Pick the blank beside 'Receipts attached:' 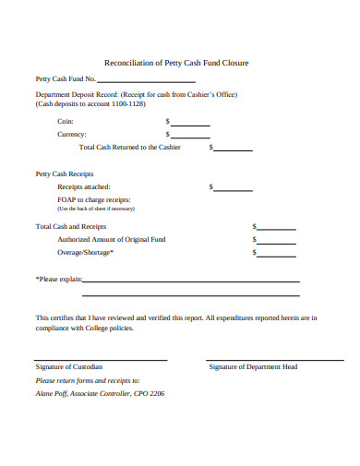(233, 189)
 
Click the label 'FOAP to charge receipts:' (93, 199)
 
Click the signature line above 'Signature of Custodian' (101, 359)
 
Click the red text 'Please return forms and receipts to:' (88, 380)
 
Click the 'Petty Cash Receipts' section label (64, 173)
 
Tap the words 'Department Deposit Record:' (73, 95)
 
